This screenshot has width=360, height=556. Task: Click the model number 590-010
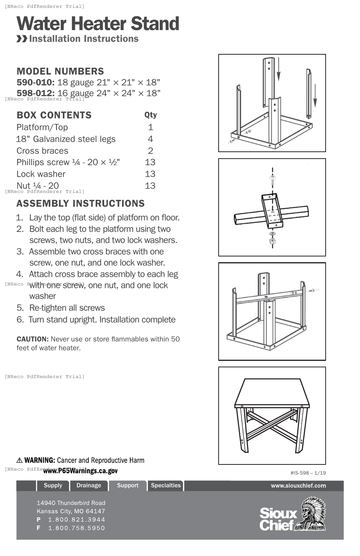coord(35,82)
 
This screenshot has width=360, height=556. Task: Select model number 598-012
coord(35,93)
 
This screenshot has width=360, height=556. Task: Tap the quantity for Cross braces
coord(151,151)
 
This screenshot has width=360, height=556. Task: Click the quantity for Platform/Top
coord(151,127)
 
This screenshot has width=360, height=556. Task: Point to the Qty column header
coord(151,115)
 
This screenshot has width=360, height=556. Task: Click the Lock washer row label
coord(41,174)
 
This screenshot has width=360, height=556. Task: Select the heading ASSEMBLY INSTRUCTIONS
coord(81,203)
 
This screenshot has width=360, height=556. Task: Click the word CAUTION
coord(32,339)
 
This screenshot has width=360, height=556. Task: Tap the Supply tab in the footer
coord(53,485)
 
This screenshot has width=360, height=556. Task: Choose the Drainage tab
coord(89,485)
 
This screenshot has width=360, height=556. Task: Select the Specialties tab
coord(166,485)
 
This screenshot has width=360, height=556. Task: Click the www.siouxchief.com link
coord(298,486)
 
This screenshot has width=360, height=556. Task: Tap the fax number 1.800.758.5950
coord(77,528)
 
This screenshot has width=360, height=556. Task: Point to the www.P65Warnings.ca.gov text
coord(81,471)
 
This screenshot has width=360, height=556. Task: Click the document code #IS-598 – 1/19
coord(308,473)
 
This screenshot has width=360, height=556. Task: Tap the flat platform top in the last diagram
coord(272,391)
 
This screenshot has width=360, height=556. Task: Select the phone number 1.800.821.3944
coord(77,519)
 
